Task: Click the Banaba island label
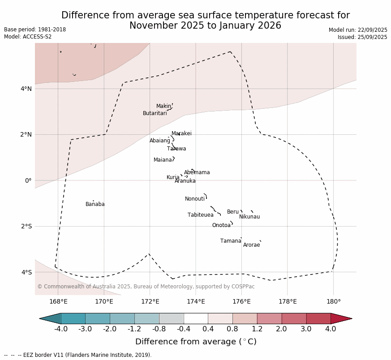[95, 204]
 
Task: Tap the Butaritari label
[155, 113]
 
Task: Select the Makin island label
[163, 106]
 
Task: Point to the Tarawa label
[176, 149]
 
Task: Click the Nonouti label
[195, 199]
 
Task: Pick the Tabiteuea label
[201, 215]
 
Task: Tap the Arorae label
[251, 245]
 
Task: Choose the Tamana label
[231, 241]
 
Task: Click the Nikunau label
[249, 217]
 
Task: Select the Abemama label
[197, 172]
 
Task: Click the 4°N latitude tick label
[26, 89]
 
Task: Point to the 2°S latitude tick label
[26, 226]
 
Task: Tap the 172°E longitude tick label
[150, 301]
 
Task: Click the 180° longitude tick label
[333, 301]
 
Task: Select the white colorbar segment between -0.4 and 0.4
[196, 318]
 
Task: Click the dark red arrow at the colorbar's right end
[341, 318]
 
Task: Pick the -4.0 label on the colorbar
[61, 329]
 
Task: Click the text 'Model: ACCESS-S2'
[28, 37]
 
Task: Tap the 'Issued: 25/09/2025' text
[362, 37]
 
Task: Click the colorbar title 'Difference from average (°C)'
[196, 342]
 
